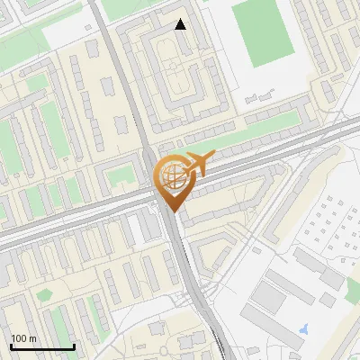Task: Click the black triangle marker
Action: [181, 24]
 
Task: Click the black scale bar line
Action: [42, 346]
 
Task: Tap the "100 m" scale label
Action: [24, 338]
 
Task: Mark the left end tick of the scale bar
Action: [11, 345]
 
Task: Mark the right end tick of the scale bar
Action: [74, 345]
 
